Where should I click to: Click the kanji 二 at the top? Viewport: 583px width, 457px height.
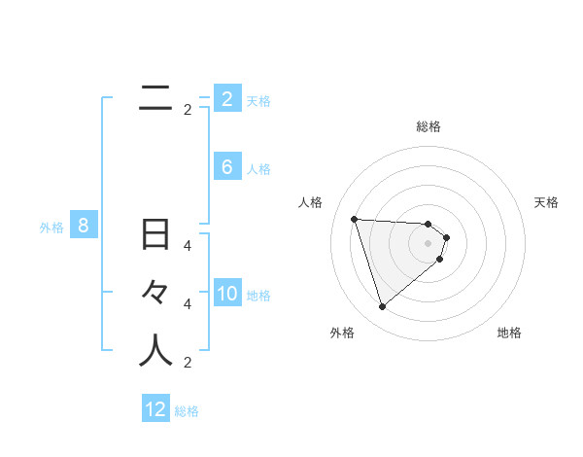click(x=155, y=96)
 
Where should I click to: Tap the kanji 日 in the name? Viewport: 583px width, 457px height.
click(x=155, y=235)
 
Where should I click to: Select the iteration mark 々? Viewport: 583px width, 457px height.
click(x=155, y=293)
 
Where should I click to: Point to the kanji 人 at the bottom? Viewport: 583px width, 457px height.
click(x=155, y=351)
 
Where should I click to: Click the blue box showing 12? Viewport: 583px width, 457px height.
click(x=155, y=409)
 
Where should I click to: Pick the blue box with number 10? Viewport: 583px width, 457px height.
click(x=227, y=295)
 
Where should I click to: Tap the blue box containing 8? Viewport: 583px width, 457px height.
click(x=84, y=227)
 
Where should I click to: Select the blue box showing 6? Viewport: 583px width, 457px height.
click(x=227, y=167)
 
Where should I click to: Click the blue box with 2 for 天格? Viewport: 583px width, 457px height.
click(x=227, y=99)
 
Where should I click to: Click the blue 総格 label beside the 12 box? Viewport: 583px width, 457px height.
click(x=187, y=411)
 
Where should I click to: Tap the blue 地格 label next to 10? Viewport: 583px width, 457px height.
click(x=258, y=296)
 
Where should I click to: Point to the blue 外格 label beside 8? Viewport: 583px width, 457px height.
click(x=51, y=228)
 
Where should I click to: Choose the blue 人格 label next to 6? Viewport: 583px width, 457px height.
click(x=258, y=169)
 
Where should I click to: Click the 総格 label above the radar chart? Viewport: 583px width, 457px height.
click(x=428, y=126)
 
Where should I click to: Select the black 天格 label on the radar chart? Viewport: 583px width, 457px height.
click(x=546, y=202)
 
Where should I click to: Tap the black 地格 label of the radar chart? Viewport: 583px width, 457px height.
click(x=509, y=333)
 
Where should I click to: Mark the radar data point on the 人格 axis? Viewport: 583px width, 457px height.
click(x=354, y=219)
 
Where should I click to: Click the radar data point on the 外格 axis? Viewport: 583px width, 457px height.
click(x=382, y=307)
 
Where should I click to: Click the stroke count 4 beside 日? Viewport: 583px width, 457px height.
click(x=188, y=246)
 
